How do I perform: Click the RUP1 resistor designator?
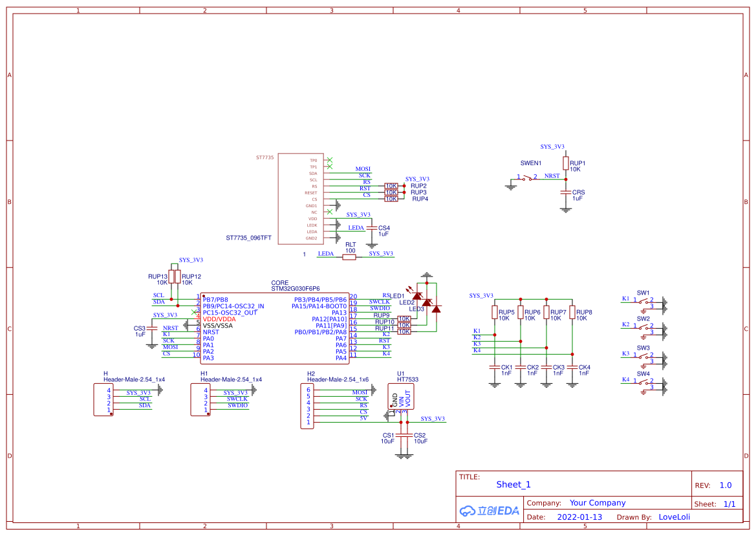click(578, 163)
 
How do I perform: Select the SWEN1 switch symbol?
click(530, 177)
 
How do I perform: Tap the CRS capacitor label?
click(578, 192)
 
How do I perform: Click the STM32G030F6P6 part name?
click(295, 289)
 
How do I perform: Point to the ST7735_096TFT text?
click(248, 238)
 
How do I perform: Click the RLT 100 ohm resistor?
click(349, 257)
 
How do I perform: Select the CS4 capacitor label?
click(384, 228)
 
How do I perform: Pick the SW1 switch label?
click(643, 293)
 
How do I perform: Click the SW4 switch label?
click(643, 374)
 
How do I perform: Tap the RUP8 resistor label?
click(584, 312)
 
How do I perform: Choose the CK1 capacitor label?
click(506, 367)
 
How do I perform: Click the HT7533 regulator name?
click(407, 380)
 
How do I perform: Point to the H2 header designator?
click(311, 374)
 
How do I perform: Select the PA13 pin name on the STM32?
click(338, 313)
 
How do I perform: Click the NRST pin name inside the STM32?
click(211, 332)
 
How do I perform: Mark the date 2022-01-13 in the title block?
click(579, 517)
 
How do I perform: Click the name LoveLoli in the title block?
click(674, 517)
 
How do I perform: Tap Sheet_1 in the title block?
click(513, 484)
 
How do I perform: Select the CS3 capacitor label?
click(139, 328)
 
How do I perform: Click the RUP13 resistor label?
click(158, 276)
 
